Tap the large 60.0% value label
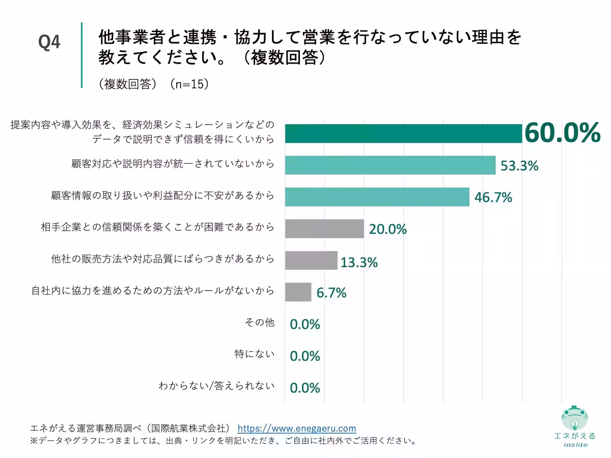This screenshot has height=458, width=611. [562, 133]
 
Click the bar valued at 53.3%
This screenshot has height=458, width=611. [390, 165]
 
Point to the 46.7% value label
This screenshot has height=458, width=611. [493, 197]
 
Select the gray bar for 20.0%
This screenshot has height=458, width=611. [324, 229]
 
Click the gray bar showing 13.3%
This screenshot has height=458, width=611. [311, 261]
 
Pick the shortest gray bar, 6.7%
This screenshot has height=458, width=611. [298, 292]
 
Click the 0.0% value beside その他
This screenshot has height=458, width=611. [304, 324]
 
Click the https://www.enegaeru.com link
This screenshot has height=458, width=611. [297, 428]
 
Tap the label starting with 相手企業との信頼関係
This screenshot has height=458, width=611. [157, 227]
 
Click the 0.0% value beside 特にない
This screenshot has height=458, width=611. [304, 356]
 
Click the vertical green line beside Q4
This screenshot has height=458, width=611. [81, 55]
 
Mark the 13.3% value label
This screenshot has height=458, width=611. [359, 263]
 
